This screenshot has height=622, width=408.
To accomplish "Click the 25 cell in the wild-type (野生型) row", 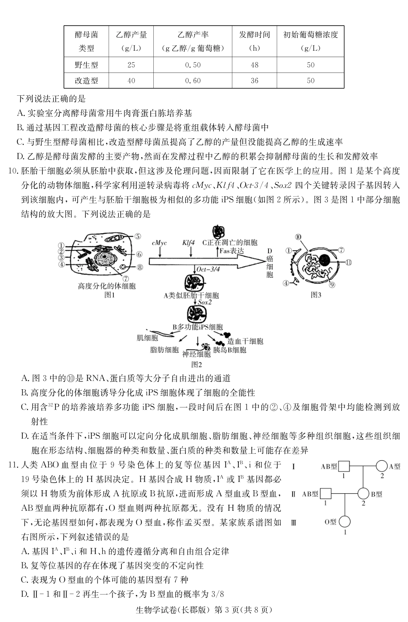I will (131, 65).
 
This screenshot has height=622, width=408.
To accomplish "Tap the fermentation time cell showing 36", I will (255, 81).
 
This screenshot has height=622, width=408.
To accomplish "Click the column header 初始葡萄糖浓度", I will (311, 35).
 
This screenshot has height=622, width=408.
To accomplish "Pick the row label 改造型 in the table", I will (86, 81).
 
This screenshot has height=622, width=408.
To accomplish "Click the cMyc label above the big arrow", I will (159, 243).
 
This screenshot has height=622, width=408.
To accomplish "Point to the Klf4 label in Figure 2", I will (189, 243).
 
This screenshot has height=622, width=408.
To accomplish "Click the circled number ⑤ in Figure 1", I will (137, 236).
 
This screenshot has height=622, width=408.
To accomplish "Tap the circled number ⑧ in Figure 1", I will (140, 267).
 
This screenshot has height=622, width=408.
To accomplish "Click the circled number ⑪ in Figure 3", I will (348, 262).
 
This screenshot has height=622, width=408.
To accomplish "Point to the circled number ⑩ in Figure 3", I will (298, 237).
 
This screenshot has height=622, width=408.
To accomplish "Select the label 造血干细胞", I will (245, 341).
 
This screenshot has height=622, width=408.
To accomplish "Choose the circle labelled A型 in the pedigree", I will (381, 466).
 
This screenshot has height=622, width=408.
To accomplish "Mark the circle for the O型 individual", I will (344, 522).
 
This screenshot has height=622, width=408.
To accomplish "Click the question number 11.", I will (13, 465).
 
